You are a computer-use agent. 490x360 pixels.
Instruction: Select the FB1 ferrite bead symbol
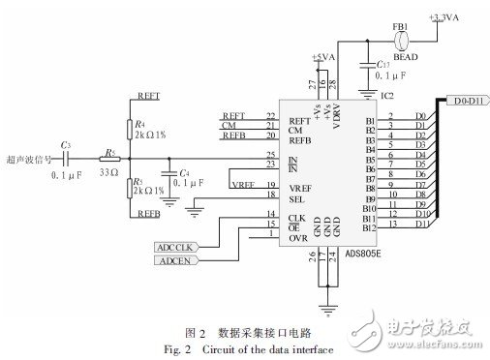point(406,40)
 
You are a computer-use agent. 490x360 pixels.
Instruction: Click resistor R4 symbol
point(130,128)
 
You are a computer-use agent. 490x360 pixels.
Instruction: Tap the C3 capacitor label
point(65,144)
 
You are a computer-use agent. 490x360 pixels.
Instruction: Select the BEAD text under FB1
point(398,56)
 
